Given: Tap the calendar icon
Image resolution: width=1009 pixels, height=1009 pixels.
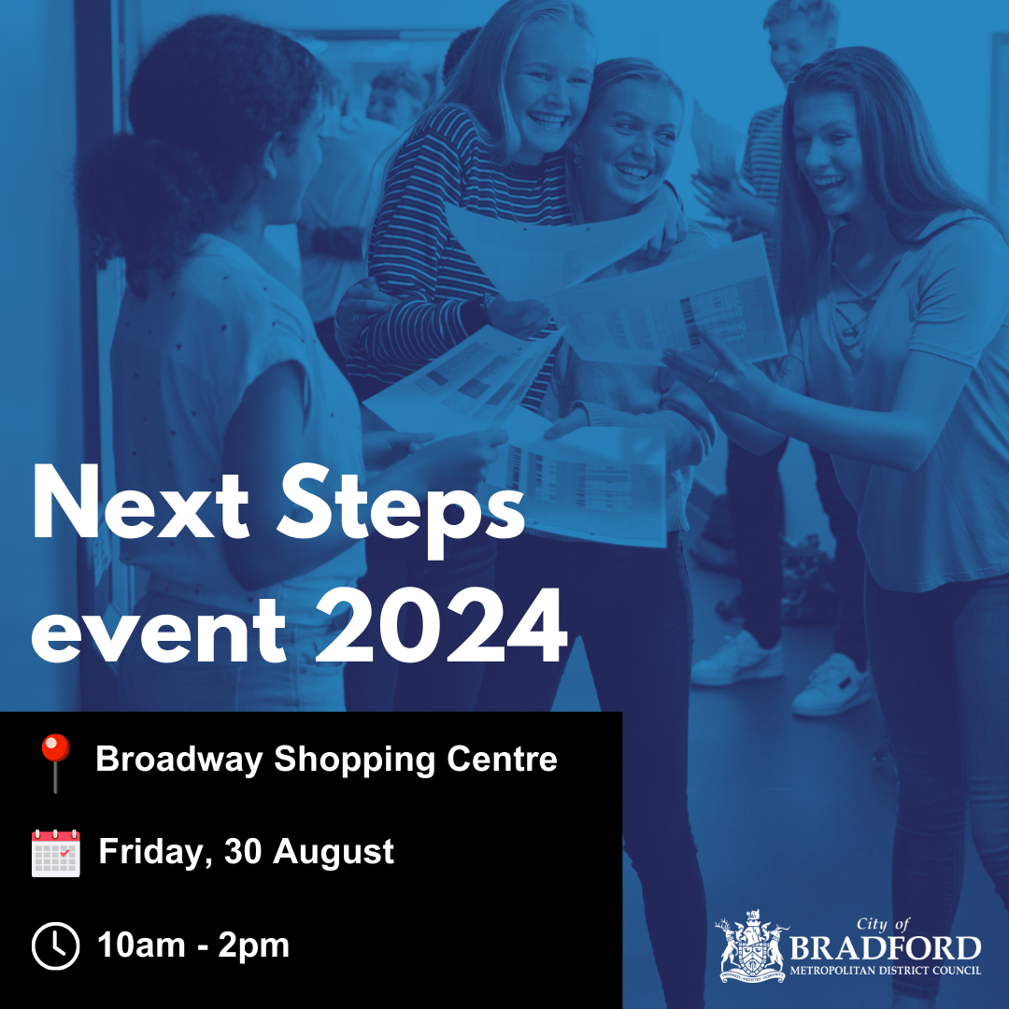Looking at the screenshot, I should tap(56, 852).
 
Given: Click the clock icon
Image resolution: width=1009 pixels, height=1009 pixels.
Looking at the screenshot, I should tap(56, 946).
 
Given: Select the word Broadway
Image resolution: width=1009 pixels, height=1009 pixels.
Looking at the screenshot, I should tap(178, 759).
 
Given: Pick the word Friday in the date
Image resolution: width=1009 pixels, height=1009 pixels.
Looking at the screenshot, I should tap(155, 852).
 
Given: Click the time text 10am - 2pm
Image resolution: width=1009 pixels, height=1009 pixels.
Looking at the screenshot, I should tap(193, 946).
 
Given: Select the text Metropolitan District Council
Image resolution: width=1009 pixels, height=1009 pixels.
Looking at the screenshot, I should tap(885, 971).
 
